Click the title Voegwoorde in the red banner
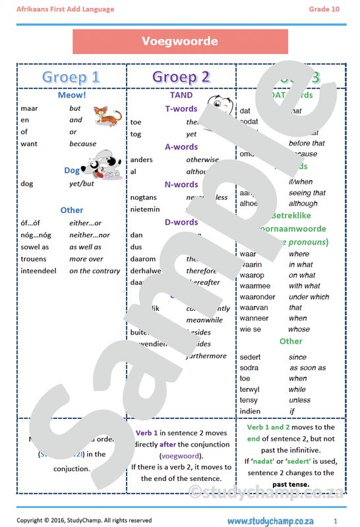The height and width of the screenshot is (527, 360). tap(179, 41)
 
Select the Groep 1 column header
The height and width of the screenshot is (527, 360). tap(71, 76)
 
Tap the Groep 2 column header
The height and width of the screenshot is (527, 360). tap(181, 76)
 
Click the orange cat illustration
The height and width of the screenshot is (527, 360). tap(107, 116)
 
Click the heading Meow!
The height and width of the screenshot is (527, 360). tap(71, 95)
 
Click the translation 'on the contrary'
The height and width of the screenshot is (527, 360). tap(95, 271)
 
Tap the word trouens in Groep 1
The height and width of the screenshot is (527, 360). tap(34, 259)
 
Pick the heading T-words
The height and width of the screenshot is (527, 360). tap(181, 109)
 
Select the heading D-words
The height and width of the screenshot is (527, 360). tap(181, 222)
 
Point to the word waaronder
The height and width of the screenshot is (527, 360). tap(258, 296)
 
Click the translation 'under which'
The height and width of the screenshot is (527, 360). tap(309, 296)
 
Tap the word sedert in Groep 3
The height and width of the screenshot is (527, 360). tap(250, 356)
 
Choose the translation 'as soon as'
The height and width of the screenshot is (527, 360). tap(307, 368)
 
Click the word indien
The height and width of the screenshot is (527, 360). tap(250, 411)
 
